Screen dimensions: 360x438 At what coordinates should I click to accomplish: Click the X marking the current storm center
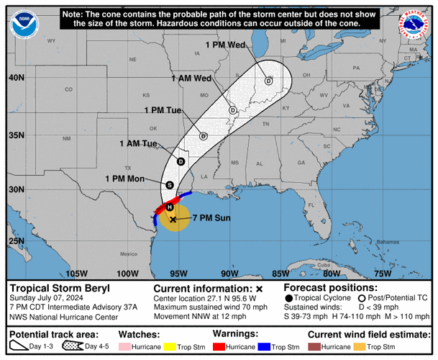[173, 218]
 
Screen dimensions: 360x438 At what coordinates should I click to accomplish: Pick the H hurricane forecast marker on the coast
[170, 207]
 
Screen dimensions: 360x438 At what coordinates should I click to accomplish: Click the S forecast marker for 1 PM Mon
[169, 185]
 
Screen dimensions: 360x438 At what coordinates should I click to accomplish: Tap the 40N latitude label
[15, 78]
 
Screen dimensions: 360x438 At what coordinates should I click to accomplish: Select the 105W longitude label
[76, 273]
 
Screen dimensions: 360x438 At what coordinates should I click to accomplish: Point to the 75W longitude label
[383, 273]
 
